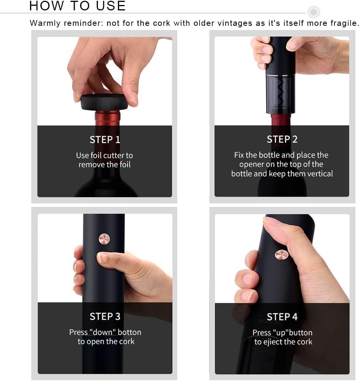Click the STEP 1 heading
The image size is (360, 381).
(x=105, y=140)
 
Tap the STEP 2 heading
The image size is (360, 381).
(x=282, y=139)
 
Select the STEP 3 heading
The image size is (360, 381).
(x=105, y=317)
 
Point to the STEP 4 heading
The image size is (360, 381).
(x=282, y=317)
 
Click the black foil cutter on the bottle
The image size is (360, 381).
(x=104, y=102)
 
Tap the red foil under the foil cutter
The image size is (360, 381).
(x=108, y=118)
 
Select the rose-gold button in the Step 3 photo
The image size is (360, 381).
(x=104, y=239)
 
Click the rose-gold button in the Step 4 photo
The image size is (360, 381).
(x=281, y=255)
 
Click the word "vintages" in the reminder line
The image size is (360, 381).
(x=235, y=23)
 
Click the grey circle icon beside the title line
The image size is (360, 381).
(x=314, y=12)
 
